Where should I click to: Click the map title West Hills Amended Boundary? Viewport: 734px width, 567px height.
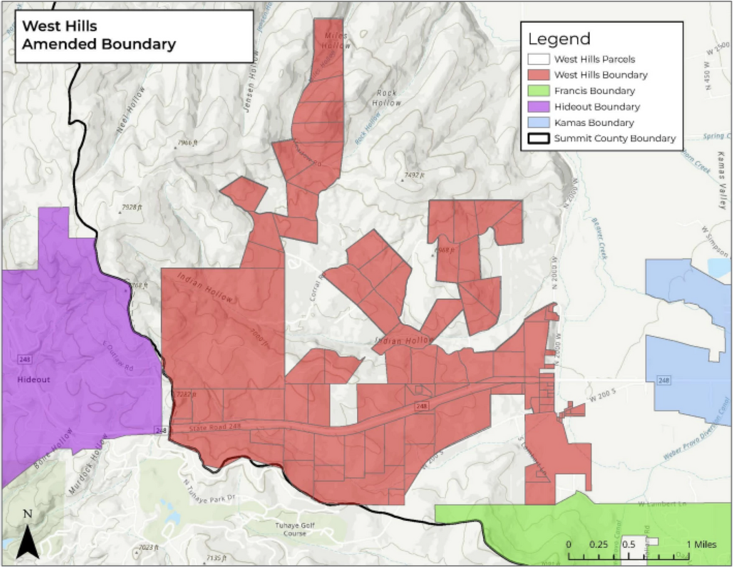pyautogui.click(x=98, y=35)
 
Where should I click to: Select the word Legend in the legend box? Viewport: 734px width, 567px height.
pyautogui.click(x=559, y=39)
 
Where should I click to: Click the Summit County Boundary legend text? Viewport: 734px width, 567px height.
pyautogui.click(x=614, y=139)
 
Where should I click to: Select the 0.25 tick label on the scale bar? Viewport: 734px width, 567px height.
pyautogui.click(x=598, y=544)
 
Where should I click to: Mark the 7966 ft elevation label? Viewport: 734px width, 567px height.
pyautogui.click(x=188, y=143)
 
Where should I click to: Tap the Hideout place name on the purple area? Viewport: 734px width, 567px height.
pyautogui.click(x=34, y=380)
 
